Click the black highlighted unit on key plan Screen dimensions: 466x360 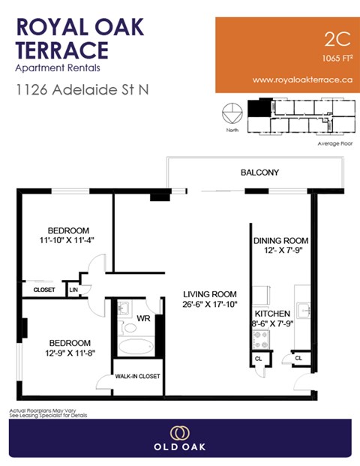[259, 108]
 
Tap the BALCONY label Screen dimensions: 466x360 [259, 173]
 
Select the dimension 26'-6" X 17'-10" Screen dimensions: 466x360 [211, 304]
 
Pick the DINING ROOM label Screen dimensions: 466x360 [281, 241]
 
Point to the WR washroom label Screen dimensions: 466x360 [144, 318]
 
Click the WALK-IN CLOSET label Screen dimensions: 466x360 [137, 377]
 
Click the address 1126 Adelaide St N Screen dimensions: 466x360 [82, 89]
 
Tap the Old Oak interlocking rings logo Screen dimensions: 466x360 [179, 433]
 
